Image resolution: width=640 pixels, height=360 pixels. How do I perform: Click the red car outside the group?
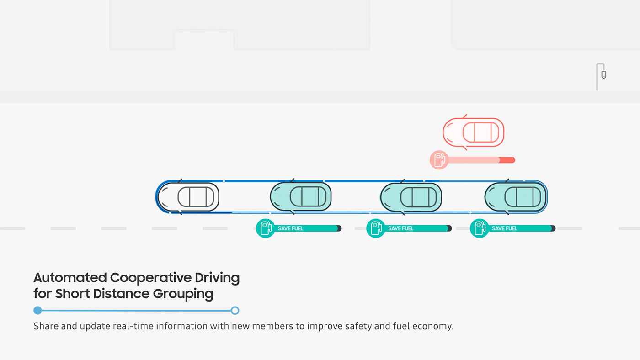(474, 132)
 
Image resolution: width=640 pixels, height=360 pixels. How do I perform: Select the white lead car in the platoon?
(189, 197)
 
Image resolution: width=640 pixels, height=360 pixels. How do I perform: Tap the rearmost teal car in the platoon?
(516, 197)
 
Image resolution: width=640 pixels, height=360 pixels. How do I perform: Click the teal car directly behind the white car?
(301, 197)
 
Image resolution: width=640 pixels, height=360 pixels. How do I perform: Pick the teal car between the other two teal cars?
(411, 197)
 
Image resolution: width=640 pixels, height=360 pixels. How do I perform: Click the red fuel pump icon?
(439, 160)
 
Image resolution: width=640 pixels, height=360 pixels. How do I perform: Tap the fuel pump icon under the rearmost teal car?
(479, 228)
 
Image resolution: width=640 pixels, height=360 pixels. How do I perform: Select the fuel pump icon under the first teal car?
(265, 228)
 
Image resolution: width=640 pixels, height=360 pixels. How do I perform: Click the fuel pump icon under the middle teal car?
(375, 228)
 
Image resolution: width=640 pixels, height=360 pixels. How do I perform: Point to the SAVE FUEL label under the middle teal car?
(401, 228)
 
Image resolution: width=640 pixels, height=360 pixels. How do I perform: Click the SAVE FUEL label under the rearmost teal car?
(505, 228)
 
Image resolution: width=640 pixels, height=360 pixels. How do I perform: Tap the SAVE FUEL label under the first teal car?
(291, 228)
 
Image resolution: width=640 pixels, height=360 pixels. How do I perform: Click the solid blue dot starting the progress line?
(38, 311)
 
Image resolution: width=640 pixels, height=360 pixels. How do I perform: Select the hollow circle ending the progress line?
(235, 311)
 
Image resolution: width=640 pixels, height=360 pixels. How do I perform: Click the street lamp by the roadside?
(600, 76)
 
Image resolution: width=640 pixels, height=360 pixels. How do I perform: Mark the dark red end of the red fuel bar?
(507, 160)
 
